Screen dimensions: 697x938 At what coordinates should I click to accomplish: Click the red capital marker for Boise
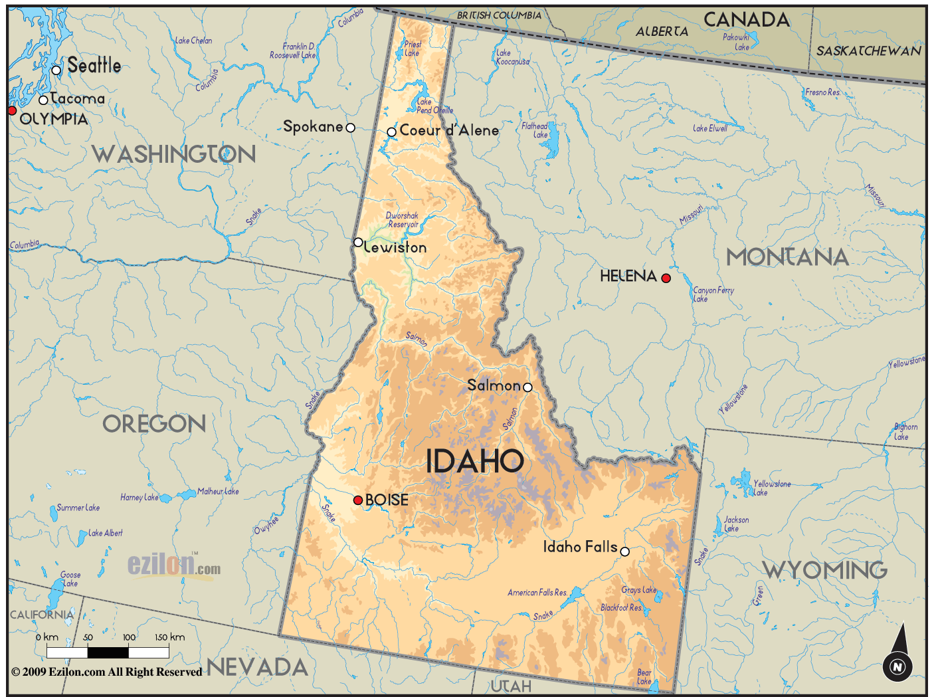point(358,500)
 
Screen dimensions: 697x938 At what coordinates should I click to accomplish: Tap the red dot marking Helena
point(666,278)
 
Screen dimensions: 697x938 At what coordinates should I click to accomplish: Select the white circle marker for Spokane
point(351,128)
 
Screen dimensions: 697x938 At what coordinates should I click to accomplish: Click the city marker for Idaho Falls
point(624,551)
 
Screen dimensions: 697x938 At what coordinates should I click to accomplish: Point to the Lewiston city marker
point(358,243)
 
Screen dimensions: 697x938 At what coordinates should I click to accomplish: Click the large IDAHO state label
point(474,461)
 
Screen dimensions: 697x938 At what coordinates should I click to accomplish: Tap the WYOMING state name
point(824,570)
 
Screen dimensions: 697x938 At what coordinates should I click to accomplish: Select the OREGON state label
point(154,424)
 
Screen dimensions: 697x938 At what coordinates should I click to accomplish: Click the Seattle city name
point(94,65)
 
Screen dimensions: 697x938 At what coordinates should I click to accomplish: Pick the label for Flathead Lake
point(535,130)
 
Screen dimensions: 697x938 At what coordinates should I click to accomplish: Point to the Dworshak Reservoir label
point(403,220)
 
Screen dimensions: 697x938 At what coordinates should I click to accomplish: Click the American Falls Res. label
point(537,593)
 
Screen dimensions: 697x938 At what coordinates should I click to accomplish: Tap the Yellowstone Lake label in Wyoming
point(771,488)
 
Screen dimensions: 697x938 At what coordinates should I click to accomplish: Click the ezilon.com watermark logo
point(174,565)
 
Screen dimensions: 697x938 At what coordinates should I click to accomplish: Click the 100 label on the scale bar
point(129,637)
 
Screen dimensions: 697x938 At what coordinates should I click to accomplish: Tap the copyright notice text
point(107,672)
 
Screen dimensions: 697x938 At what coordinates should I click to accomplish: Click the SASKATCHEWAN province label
point(868,51)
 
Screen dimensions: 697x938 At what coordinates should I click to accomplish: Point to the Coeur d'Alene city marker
point(392,132)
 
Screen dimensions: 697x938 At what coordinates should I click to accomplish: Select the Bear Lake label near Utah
point(644,676)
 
